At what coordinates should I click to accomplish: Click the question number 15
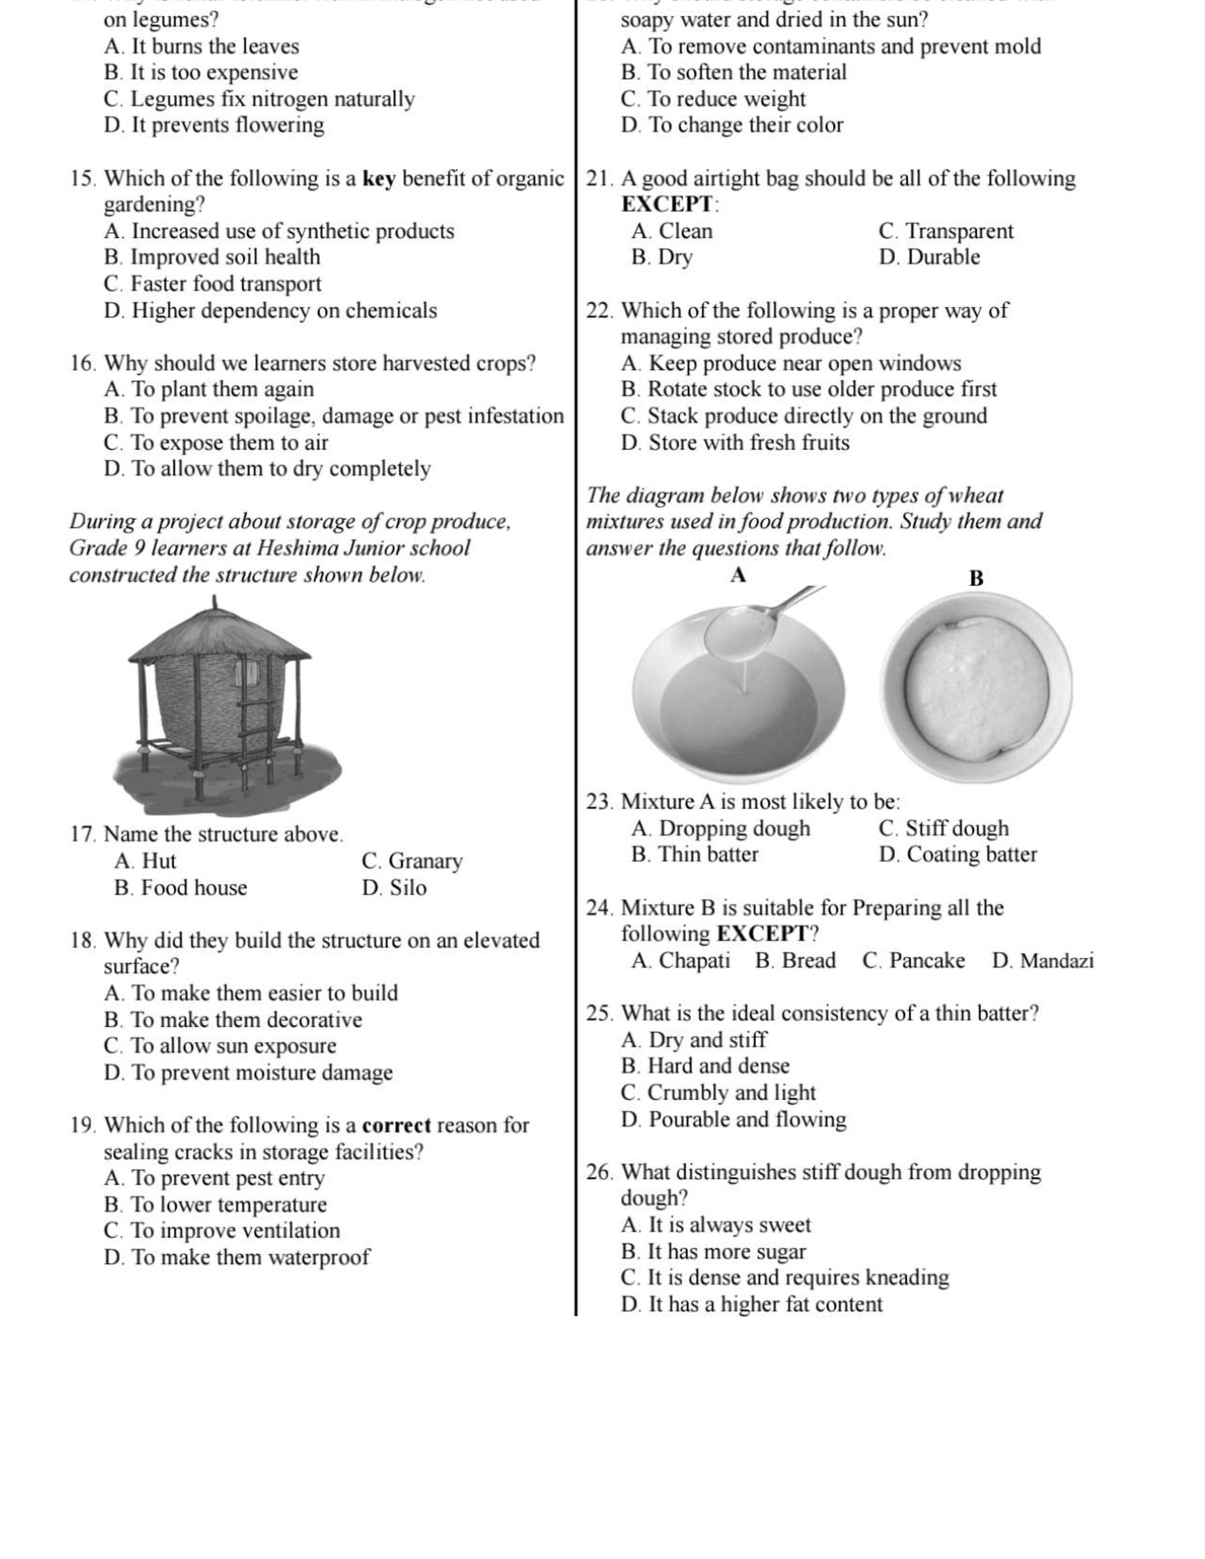pos(84,179)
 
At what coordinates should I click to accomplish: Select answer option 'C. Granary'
pos(412,861)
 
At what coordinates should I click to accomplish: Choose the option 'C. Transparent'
pos(946,231)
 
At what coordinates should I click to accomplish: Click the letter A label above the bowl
pos(738,575)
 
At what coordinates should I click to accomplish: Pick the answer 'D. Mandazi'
pos(1042,961)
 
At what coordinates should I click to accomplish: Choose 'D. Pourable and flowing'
pos(733,1119)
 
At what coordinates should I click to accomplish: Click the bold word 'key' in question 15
pos(379,179)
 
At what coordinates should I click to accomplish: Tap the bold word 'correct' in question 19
pos(396,1126)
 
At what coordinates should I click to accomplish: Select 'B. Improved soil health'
pos(212,257)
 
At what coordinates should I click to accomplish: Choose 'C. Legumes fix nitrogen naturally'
pos(258,99)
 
